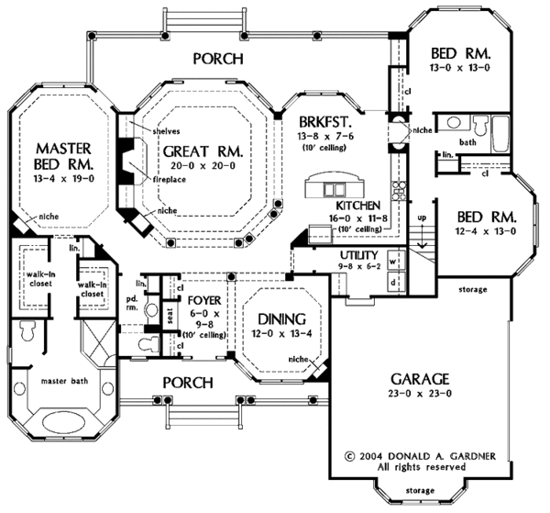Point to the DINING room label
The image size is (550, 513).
tap(275, 318)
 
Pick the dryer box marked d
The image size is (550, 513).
tap(392, 282)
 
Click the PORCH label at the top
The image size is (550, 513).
tap(218, 60)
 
